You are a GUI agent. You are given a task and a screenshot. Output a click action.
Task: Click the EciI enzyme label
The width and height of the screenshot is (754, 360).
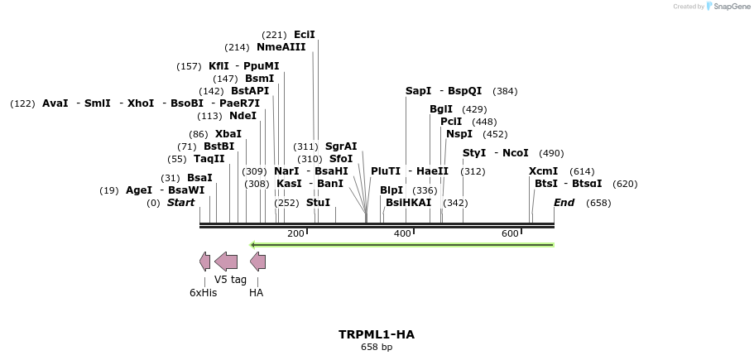pos(305,35)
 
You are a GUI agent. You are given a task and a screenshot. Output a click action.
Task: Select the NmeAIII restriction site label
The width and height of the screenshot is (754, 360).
pos(281,47)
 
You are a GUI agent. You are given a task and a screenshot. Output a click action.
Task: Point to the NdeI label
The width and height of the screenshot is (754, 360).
pos(243,116)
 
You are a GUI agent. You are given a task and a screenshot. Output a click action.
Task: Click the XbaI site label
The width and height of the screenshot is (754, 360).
pos(228,134)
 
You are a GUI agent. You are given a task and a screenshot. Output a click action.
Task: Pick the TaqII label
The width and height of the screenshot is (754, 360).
pos(209,159)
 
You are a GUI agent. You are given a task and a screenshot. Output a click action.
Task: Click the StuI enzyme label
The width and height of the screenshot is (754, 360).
pos(318,203)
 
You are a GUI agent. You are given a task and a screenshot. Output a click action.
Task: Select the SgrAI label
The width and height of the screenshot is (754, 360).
pos(341,146)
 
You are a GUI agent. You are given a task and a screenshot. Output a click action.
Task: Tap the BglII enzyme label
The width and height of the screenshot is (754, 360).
pos(441,109)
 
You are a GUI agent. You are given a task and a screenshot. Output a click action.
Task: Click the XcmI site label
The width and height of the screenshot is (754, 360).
pos(543,171)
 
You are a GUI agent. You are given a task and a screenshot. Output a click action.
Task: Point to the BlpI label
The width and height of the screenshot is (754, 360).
pos(391,190)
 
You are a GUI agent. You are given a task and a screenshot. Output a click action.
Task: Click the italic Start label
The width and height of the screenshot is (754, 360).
pos(181,203)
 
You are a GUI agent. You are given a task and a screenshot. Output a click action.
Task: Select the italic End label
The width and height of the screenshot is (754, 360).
pos(564,203)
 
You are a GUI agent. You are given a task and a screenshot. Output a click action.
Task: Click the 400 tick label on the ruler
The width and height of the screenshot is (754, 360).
pos(402,234)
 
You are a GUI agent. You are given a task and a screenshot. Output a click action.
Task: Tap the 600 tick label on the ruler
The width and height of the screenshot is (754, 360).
pos(510,234)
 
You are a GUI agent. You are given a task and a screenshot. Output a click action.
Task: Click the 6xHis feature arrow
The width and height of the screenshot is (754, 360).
pos(204,262)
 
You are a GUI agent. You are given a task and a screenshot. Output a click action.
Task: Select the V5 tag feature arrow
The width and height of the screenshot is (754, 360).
pos(226,262)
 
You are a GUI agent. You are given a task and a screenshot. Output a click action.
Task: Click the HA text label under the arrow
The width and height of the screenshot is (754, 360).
pos(256,292)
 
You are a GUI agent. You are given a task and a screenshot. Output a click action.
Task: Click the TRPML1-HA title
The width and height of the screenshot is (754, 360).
pos(376,334)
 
